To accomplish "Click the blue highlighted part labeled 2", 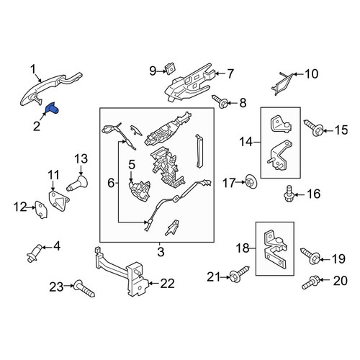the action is click(53, 108).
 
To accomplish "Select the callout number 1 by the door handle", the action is click(33, 69).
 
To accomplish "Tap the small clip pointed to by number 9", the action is click(170, 69).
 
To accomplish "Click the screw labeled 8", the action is click(220, 102).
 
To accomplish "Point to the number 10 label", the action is click(311, 73).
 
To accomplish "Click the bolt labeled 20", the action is click(310, 282).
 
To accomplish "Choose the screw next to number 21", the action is click(239, 274).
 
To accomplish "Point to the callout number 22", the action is click(167, 284).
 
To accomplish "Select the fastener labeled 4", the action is click(34, 253).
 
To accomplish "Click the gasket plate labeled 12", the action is click(41, 210).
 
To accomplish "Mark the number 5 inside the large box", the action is click(132, 165).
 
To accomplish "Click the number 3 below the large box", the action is click(161, 252).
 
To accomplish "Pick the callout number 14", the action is click(246, 142).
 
